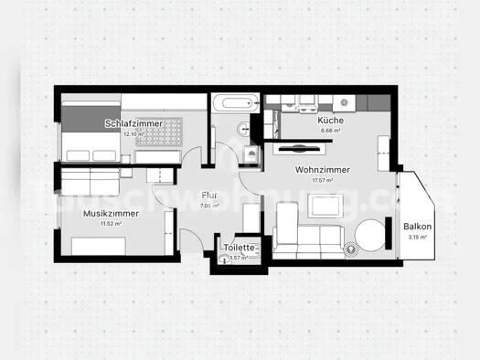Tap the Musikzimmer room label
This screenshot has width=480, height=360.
[x=110, y=213]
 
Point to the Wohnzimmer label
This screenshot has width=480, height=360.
[x=322, y=170]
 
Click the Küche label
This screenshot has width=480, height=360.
[x=329, y=121]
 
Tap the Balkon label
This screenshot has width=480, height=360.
[x=417, y=227]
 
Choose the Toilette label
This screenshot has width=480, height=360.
[x=240, y=247]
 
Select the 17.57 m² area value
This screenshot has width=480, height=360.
[x=322, y=181]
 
